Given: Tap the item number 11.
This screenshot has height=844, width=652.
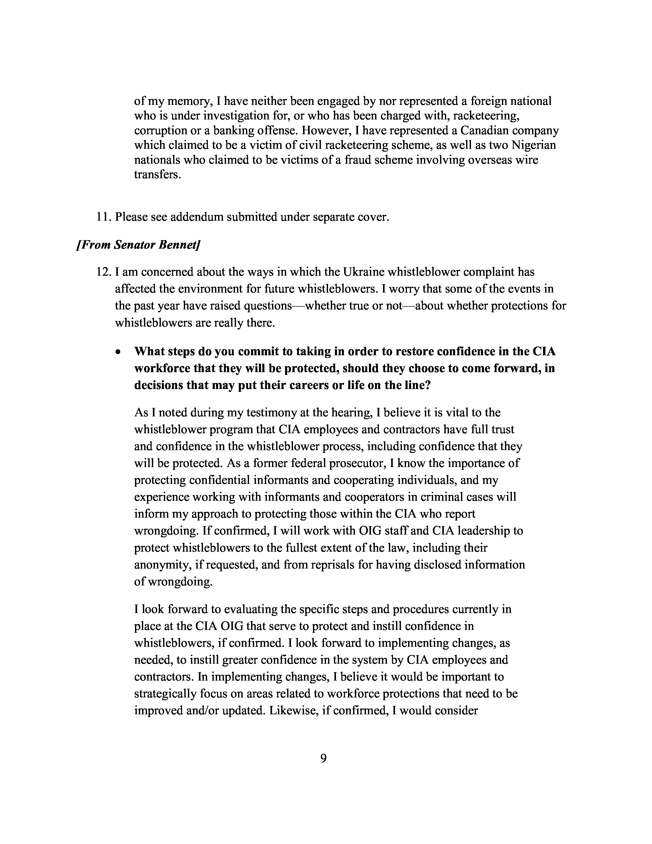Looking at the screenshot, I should click(104, 217).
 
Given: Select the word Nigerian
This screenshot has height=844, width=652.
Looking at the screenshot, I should click(534, 145).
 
